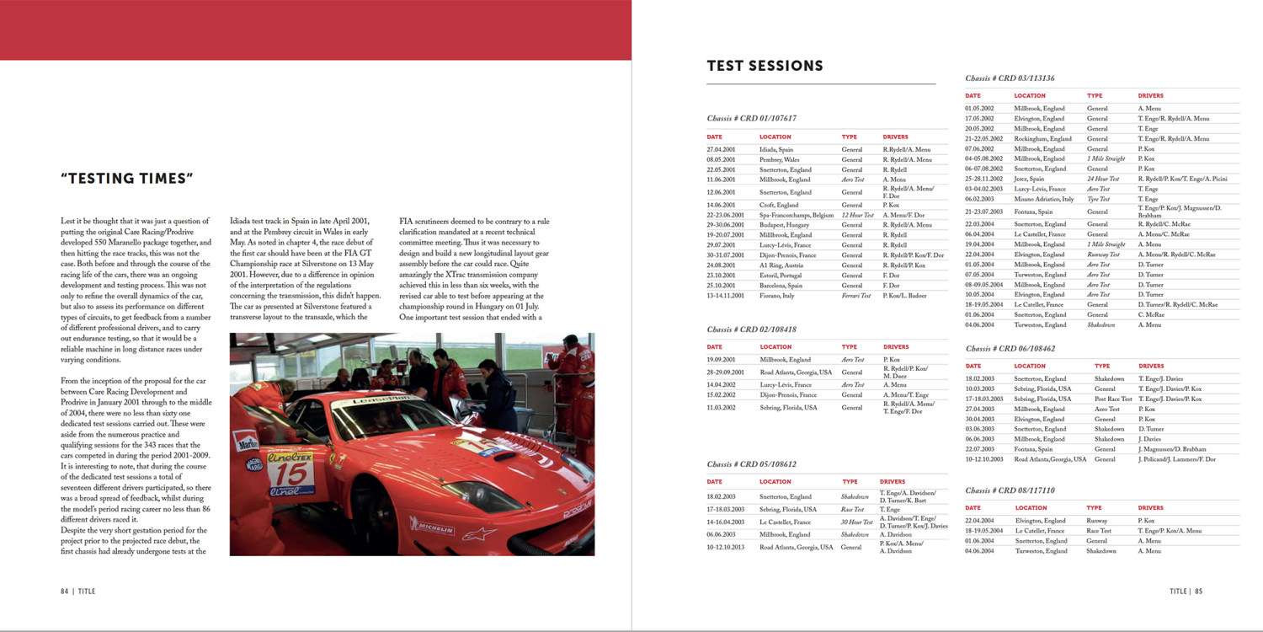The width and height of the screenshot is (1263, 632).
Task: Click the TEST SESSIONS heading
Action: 765,66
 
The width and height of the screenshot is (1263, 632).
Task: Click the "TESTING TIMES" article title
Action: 128,178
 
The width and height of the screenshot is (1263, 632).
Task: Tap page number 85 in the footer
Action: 1198,592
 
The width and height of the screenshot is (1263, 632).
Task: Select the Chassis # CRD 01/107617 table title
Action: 752,119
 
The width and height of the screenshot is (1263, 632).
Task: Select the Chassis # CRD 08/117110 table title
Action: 1010,490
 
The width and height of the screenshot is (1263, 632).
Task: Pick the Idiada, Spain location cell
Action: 776,149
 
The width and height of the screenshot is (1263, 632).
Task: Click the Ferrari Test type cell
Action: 856,296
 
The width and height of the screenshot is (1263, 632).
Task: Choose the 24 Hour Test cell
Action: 1103,179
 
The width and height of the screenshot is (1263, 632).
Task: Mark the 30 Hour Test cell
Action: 857,522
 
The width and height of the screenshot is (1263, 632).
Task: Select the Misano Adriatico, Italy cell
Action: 1044,199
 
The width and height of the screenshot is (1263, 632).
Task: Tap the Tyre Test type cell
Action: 1098,199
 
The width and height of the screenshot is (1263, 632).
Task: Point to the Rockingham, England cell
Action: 1043,138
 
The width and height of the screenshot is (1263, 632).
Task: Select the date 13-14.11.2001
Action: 725,296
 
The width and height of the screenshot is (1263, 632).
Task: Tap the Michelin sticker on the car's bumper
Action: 432,529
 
